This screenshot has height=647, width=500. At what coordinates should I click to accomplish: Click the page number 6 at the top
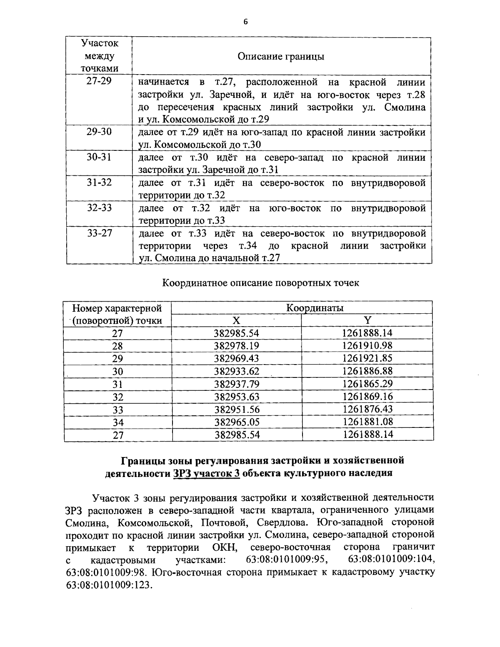pyautogui.click(x=245, y=22)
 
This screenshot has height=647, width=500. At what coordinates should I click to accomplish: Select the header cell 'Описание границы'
pyautogui.click(x=281, y=57)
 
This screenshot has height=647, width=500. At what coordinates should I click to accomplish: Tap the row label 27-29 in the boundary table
pyautogui.click(x=99, y=81)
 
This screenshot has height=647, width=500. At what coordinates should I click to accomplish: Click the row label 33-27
pyautogui.click(x=99, y=232)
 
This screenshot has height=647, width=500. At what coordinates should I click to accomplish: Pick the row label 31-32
pyautogui.click(x=99, y=182)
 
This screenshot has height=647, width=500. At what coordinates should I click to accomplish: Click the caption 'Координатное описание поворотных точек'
pyautogui.click(x=260, y=283)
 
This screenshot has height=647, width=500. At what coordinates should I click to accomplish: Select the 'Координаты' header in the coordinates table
pyautogui.click(x=315, y=308)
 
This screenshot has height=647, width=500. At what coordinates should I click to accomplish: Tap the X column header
pyautogui.click(x=236, y=320)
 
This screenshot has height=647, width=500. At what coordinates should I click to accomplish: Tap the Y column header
pyautogui.click(x=367, y=320)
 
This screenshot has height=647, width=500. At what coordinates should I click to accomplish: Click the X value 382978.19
pyautogui.click(x=237, y=346)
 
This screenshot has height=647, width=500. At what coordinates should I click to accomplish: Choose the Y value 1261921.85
pyautogui.click(x=367, y=358)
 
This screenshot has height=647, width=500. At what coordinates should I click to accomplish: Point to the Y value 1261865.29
pyautogui.click(x=367, y=384)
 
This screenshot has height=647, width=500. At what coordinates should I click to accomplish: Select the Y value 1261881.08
pyautogui.click(x=367, y=422)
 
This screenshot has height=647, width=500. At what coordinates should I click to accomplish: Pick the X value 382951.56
pyautogui.click(x=237, y=409)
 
